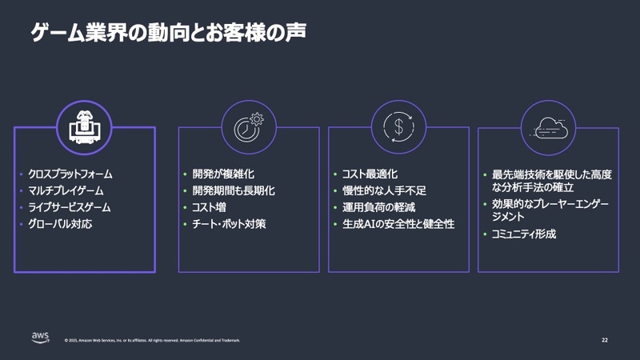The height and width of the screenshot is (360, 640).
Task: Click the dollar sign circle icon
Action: coord(398,126)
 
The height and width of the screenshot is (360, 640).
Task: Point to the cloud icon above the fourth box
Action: coord(548,126)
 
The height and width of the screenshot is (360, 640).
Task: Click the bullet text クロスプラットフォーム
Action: coord(70,174)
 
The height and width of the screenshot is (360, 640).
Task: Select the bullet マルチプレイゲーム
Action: coord(66,190)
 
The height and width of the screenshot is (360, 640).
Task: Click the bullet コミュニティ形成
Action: coord(524,234)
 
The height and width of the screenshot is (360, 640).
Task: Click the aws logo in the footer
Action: coord(42,337)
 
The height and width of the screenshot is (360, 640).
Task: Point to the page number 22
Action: coord(604,340)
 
